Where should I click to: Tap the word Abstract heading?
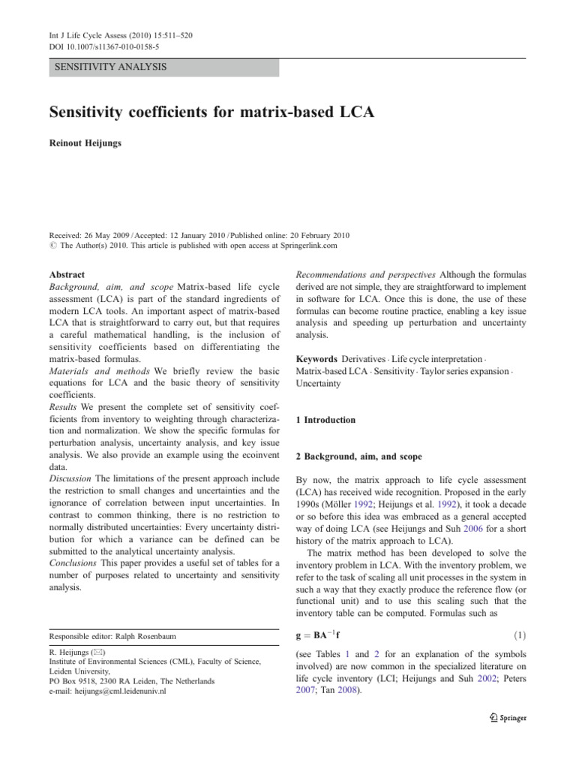[67, 276]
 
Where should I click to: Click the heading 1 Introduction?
[325, 420]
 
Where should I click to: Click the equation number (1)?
[518, 636]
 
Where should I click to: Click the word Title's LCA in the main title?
[352, 113]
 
